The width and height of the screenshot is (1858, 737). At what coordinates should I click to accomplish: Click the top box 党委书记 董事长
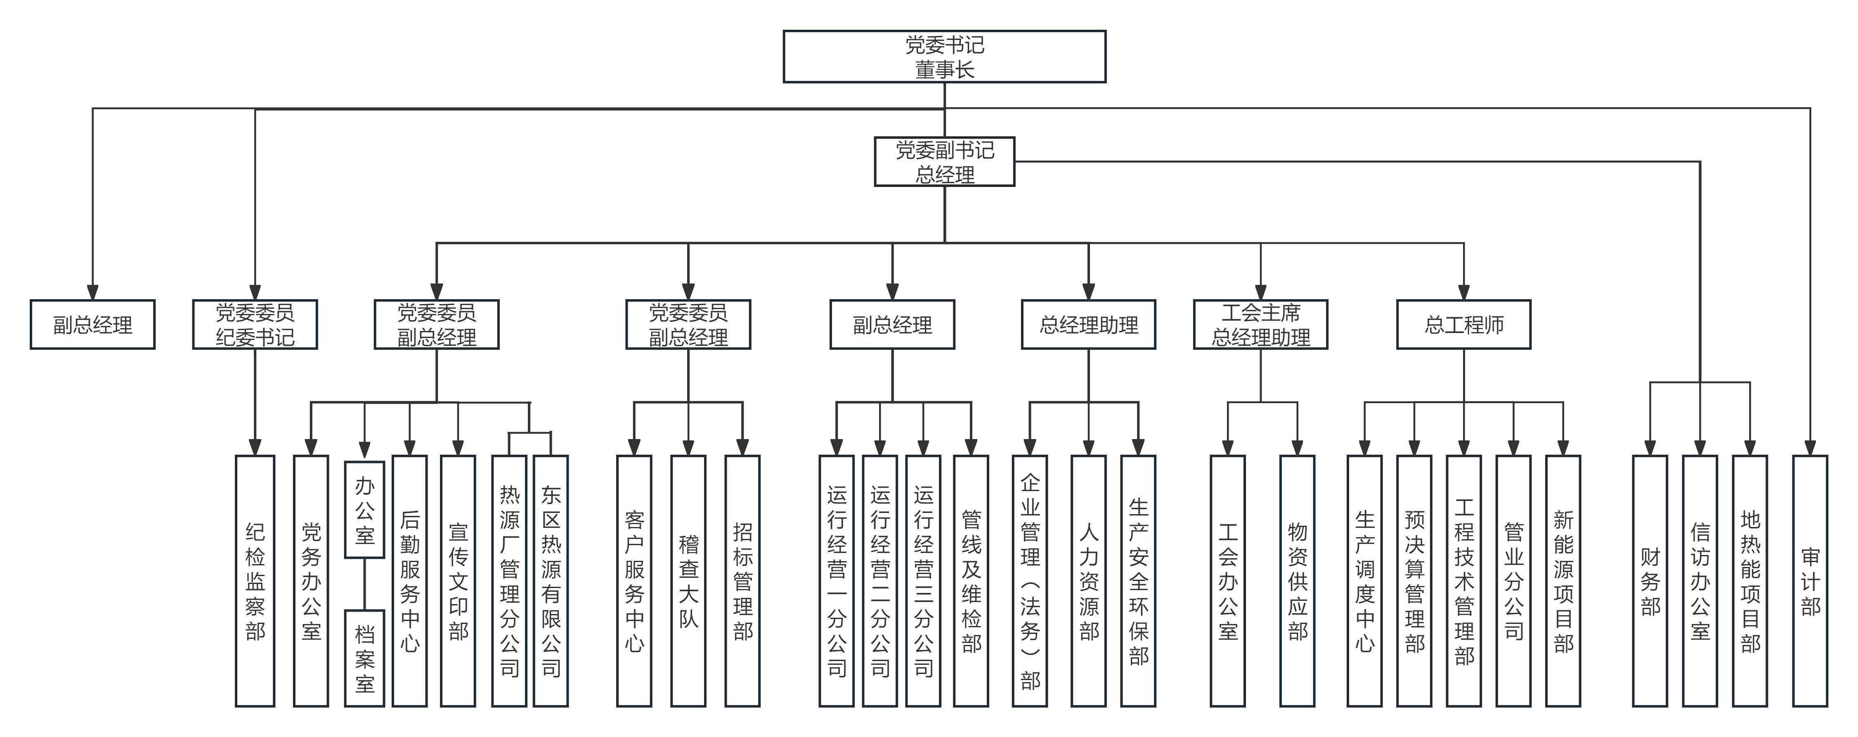(x=944, y=56)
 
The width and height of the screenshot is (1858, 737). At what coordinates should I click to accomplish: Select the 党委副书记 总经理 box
(x=944, y=161)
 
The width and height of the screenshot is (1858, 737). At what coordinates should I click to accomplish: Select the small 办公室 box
(x=364, y=509)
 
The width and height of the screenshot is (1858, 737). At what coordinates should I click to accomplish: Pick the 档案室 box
(x=364, y=658)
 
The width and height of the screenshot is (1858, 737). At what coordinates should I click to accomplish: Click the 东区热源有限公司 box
(x=551, y=581)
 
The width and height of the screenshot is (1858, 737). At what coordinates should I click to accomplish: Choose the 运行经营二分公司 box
(x=880, y=581)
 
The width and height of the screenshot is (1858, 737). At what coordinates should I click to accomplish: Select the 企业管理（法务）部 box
(x=1030, y=581)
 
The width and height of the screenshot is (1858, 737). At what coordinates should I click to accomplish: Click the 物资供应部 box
(x=1298, y=581)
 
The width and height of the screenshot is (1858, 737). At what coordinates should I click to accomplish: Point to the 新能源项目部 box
(x=1563, y=581)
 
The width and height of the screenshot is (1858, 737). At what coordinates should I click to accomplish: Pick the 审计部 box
(x=1811, y=581)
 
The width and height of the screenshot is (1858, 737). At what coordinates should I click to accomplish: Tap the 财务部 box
(x=1650, y=581)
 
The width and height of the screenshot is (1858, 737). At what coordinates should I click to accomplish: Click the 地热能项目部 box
(x=1751, y=581)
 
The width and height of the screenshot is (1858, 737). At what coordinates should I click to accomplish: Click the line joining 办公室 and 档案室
(x=364, y=584)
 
